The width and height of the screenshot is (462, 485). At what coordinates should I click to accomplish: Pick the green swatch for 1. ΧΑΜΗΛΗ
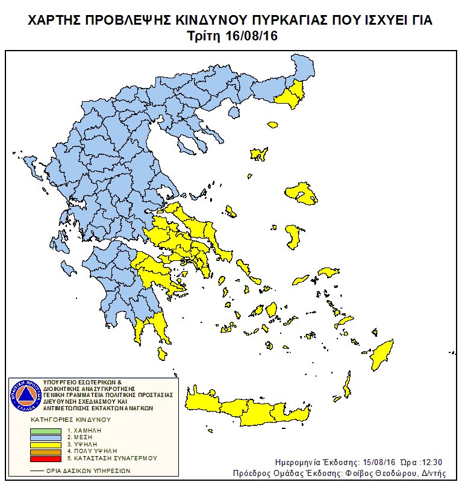(46, 431)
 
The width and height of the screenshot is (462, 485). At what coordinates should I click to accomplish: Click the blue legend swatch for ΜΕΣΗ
(46, 437)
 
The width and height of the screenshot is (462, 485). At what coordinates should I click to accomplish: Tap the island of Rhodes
(381, 355)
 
